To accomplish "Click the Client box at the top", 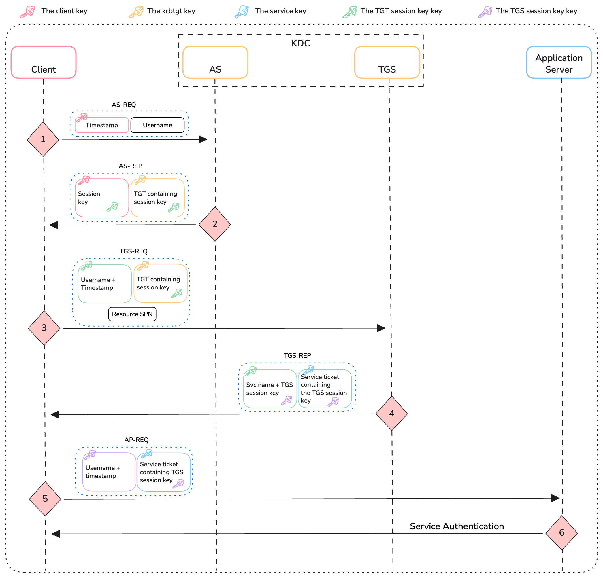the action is pyautogui.click(x=43, y=62).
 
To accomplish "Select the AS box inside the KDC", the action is pyautogui.click(x=215, y=62).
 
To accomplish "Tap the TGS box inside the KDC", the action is pyautogui.click(x=387, y=62).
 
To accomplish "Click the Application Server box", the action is pyautogui.click(x=559, y=62).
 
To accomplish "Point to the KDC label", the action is pyautogui.click(x=301, y=43).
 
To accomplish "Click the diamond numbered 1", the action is pyautogui.click(x=43, y=139).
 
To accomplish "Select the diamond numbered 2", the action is pyautogui.click(x=215, y=224).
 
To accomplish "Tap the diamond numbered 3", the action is pyautogui.click(x=44, y=328).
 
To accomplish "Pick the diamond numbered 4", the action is pyautogui.click(x=392, y=413).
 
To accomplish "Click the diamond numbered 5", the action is pyautogui.click(x=45, y=499).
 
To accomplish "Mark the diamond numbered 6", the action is pyautogui.click(x=561, y=532).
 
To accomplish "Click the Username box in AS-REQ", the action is pyautogui.click(x=157, y=125).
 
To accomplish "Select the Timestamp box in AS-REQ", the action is pyautogui.click(x=102, y=125).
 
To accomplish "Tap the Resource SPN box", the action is pyautogui.click(x=132, y=314).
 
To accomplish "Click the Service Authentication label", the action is pyautogui.click(x=457, y=526).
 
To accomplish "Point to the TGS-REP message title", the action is pyautogui.click(x=297, y=355).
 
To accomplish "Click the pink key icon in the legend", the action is pyautogui.click(x=27, y=12).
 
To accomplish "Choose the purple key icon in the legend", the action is pyautogui.click(x=485, y=12).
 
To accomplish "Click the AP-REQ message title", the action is pyautogui.click(x=136, y=440).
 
